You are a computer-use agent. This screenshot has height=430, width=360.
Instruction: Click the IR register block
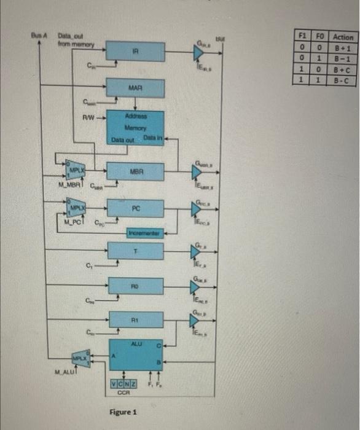coord(136,51)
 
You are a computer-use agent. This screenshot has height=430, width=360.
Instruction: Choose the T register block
coord(136,251)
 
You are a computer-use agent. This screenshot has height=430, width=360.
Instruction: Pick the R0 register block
coord(136,286)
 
